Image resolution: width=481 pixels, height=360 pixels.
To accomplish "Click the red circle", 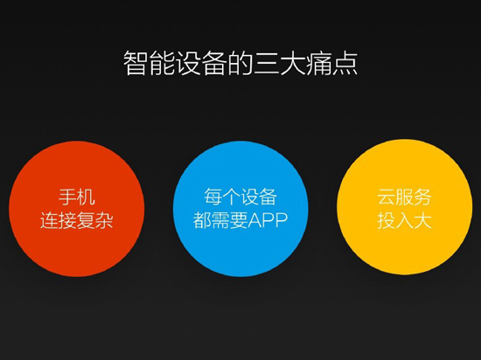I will (x=77, y=207).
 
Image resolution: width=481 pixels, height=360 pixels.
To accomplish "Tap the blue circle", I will (x=240, y=207).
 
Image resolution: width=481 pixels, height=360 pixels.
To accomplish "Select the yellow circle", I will (x=404, y=207).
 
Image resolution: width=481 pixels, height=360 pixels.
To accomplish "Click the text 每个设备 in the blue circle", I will (x=240, y=197).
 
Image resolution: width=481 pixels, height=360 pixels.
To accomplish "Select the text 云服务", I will (x=404, y=197).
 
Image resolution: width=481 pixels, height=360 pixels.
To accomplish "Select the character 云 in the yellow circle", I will (x=386, y=197).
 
